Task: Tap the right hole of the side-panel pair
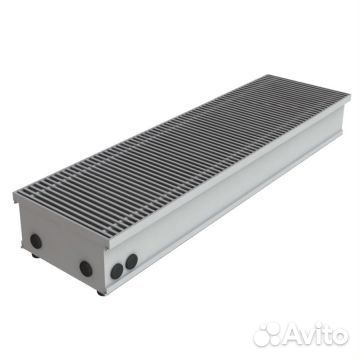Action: point(131,261)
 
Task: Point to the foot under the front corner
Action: point(100,292)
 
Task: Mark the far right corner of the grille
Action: point(349,97)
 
